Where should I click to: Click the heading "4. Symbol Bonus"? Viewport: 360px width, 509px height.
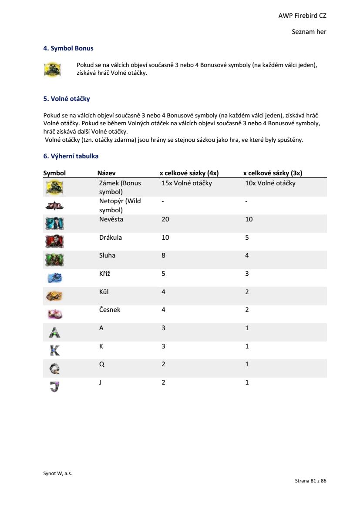(x=68, y=48)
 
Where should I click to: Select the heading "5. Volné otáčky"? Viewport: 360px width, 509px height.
(x=67, y=99)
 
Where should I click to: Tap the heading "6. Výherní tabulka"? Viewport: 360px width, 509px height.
(x=71, y=156)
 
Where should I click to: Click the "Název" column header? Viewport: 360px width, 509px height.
(x=106, y=173)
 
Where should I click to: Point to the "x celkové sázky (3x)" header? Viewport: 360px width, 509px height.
(x=273, y=173)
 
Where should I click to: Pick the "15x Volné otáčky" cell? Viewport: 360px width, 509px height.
(x=187, y=183)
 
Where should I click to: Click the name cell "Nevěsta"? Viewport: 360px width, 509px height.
(x=111, y=219)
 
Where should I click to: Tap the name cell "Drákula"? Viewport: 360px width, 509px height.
(x=111, y=238)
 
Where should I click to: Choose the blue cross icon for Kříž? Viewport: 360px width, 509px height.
(x=54, y=278)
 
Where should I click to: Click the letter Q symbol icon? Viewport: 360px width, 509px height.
(x=54, y=368)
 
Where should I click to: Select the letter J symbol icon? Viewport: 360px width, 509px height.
(x=54, y=386)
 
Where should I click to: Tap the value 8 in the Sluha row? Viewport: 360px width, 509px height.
(x=164, y=255)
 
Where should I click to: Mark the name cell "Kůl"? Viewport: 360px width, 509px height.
(x=104, y=292)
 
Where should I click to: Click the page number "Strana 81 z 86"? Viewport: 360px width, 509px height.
(x=310, y=481)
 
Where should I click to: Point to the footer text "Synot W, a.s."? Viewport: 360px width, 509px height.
(x=57, y=474)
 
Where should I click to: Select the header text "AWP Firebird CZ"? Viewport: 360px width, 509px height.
(x=302, y=16)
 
